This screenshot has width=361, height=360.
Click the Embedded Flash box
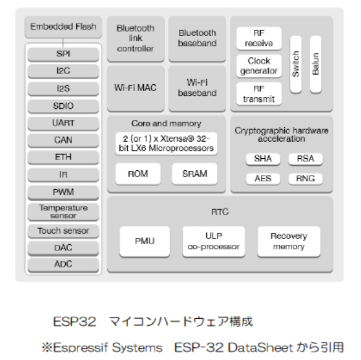(63, 27)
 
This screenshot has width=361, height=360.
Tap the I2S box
(63, 88)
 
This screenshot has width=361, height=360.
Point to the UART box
(63, 123)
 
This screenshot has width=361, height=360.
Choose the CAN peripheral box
(63, 139)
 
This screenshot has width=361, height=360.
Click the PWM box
(63, 191)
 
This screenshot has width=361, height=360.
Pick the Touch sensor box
(63, 231)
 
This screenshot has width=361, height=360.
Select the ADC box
(63, 264)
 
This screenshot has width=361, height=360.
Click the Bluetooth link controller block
(135, 38)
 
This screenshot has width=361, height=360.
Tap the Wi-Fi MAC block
(135, 88)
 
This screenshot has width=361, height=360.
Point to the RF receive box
(259, 38)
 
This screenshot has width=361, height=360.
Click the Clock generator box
(259, 65)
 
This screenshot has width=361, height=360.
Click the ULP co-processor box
(214, 241)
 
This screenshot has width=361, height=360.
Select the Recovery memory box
(288, 241)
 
